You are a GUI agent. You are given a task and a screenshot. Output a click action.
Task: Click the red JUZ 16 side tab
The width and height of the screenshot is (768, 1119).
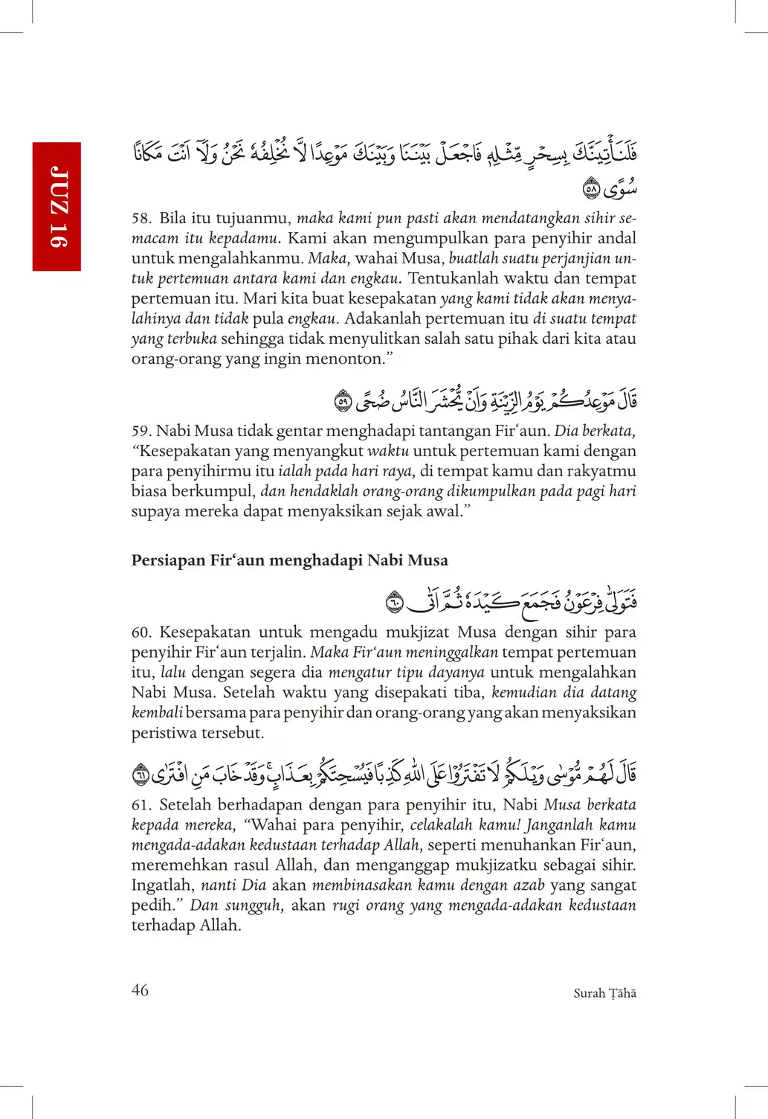[57, 206]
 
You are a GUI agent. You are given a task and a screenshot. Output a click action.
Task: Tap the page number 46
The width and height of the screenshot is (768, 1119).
[140, 990]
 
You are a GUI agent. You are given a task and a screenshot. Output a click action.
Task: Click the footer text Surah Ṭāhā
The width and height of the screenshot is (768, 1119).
[604, 993]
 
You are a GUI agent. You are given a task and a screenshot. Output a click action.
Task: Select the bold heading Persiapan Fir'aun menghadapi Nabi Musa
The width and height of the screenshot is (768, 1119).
[289, 560]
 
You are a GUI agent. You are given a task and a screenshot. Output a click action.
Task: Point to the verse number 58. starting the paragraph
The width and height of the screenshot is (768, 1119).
[141, 218]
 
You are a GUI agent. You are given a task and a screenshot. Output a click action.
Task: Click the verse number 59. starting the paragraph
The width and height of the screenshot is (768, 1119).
[141, 431]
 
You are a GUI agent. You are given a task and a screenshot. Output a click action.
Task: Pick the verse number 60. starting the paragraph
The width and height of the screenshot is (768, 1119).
[141, 632]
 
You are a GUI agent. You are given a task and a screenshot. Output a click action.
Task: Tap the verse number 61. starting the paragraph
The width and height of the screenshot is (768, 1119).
[141, 805]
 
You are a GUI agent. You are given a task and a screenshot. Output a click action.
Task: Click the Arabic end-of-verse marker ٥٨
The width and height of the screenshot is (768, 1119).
[591, 189]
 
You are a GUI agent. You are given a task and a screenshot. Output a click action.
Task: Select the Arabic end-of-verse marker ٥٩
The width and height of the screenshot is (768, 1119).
[343, 402]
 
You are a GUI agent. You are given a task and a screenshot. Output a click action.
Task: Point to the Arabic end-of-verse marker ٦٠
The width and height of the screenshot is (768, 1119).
[395, 602]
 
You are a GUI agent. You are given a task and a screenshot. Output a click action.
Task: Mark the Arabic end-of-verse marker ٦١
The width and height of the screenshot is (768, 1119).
[141, 775]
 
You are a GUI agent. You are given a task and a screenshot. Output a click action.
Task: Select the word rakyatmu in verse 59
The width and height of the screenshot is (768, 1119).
[601, 471]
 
